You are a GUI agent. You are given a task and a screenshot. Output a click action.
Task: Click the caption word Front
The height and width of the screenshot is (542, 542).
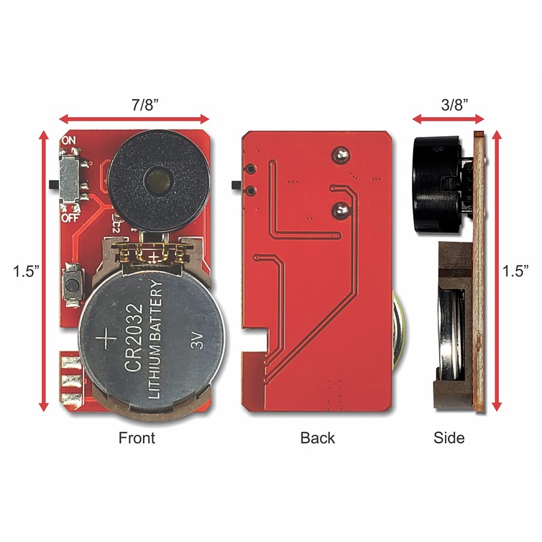point(137,438)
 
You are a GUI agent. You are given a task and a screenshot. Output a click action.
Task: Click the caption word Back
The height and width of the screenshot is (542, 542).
point(318,438)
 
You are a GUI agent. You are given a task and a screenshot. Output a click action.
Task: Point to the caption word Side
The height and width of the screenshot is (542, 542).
point(449,438)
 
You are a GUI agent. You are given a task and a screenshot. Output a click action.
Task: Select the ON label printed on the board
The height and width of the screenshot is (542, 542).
point(68,140)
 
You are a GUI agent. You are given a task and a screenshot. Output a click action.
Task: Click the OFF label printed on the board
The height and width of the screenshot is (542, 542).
point(70,219)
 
